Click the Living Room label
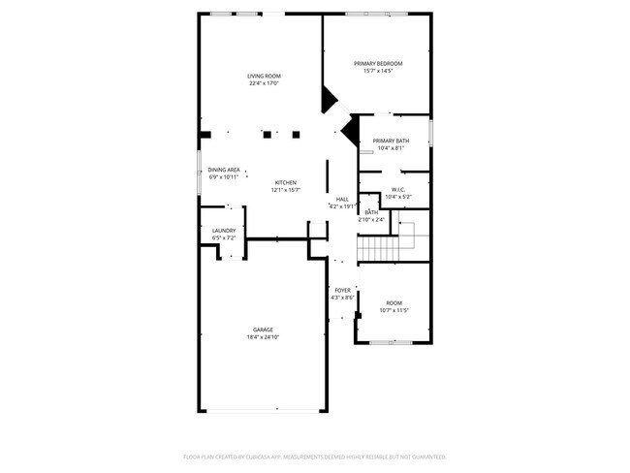tap(264, 76)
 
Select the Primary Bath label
tap(391, 142)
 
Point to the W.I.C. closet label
tap(397, 190)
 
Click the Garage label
tap(264, 330)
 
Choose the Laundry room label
tap(224, 231)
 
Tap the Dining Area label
tap(224, 170)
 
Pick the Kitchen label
tap(285, 182)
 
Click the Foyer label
tap(343, 290)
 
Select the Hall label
tap(342, 199)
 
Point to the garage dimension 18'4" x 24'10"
tap(264, 337)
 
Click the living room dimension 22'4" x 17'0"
tap(264, 83)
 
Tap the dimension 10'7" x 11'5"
tap(393, 310)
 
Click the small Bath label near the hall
tap(371, 212)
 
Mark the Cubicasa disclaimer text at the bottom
tap(314, 456)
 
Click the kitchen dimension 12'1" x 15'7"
tap(287, 190)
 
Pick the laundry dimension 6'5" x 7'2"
tap(224, 237)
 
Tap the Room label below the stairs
tap(393, 302)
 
